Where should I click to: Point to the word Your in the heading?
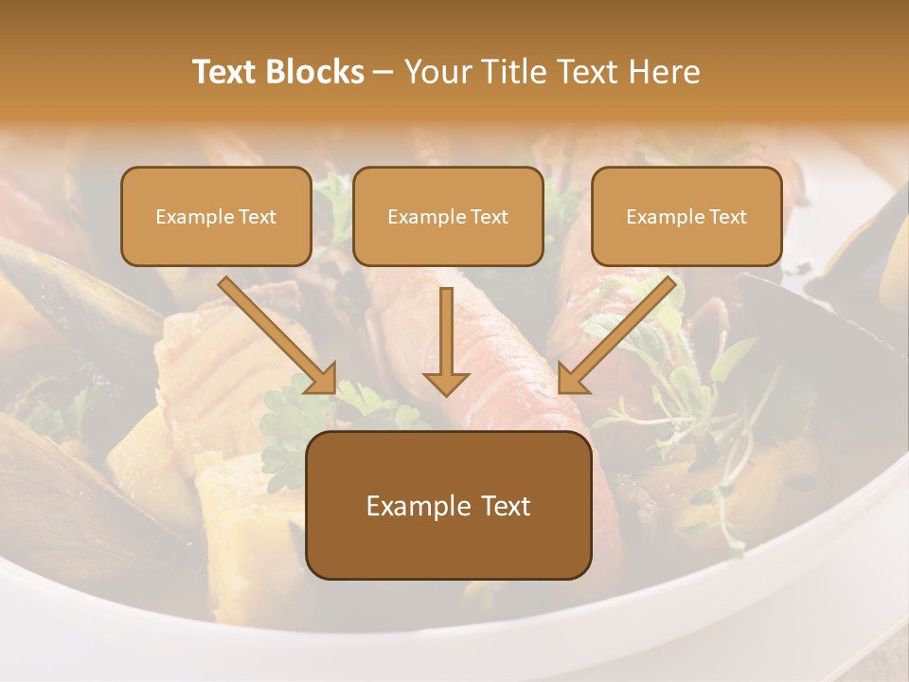433,72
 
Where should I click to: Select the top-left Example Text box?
216,216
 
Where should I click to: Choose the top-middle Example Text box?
448,216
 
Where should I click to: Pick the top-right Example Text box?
686,216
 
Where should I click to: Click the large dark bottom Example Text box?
448,506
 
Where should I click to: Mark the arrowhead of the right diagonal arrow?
572,379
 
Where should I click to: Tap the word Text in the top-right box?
727,216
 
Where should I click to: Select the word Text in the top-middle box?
490,216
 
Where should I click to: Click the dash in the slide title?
383,72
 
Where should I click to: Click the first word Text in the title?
223,72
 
